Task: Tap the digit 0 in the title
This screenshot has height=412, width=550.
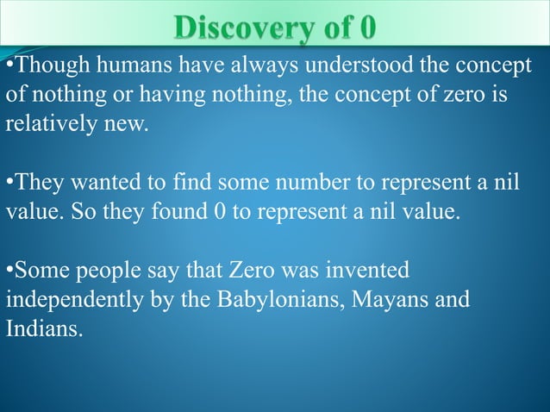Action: [x=367, y=28]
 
